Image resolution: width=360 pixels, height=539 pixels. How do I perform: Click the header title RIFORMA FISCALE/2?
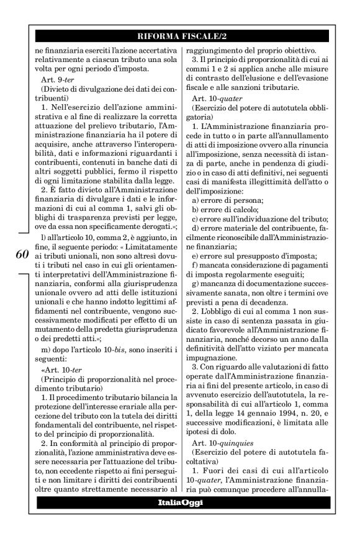179,34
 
